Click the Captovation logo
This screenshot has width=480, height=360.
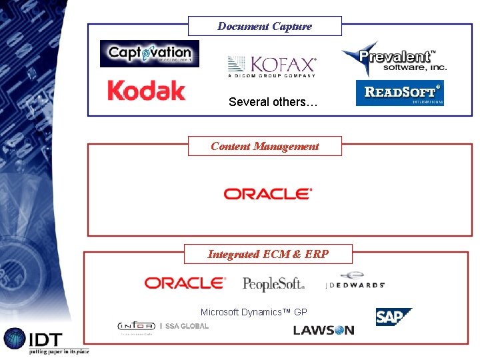point(149,53)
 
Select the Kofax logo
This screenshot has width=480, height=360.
point(272,67)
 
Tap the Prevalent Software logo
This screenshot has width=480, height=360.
point(394,59)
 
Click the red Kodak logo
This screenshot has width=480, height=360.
point(146,91)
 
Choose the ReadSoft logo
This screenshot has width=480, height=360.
point(400,93)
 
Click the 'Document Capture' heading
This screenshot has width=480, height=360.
point(265,27)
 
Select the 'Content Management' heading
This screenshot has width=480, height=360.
point(265,146)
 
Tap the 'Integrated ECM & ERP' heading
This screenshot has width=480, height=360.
point(268,254)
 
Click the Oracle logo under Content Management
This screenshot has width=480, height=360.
point(268,194)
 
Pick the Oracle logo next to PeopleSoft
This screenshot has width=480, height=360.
point(185,283)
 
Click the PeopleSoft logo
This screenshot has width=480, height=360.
point(274,284)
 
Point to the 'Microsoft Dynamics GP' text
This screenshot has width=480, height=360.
point(254,312)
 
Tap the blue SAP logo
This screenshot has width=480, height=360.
point(393,317)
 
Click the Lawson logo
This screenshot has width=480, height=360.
point(323,330)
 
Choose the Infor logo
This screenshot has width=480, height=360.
point(136,326)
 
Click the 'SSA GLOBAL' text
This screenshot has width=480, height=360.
point(187,326)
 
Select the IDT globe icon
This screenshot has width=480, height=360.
point(15,338)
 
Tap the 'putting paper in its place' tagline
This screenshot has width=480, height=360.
point(59,351)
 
